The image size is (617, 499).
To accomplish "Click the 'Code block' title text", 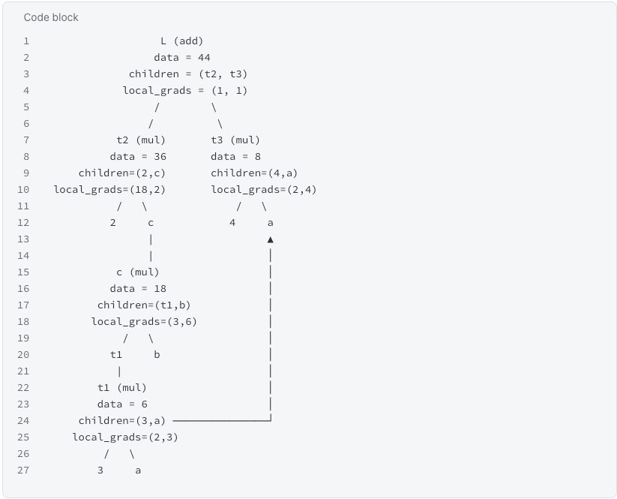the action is pyautogui.click(x=51, y=17).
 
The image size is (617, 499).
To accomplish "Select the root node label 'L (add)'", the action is pyautogui.click(x=181, y=41).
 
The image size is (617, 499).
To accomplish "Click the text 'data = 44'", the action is pyautogui.click(x=181, y=58).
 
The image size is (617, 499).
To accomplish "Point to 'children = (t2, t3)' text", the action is pyautogui.click(x=188, y=74).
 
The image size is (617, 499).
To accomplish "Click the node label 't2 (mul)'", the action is pyautogui.click(x=141, y=140).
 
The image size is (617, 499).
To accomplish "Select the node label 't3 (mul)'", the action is pyautogui.click(x=235, y=140).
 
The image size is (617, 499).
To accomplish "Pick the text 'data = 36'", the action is pyautogui.click(x=138, y=157).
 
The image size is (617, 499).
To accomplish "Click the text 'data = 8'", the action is pyautogui.click(x=235, y=157).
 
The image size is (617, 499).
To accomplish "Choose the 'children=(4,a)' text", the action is pyautogui.click(x=254, y=173).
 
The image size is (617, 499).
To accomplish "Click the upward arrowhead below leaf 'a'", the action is pyautogui.click(x=271, y=239).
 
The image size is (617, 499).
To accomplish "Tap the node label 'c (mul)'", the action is pyautogui.click(x=138, y=272).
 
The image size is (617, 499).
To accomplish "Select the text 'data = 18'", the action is pyautogui.click(x=138, y=289).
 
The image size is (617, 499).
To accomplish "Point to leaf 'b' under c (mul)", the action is pyautogui.click(x=157, y=355).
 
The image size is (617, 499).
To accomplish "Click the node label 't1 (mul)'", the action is pyautogui.click(x=122, y=388).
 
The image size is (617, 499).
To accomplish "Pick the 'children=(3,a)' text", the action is pyautogui.click(x=122, y=421).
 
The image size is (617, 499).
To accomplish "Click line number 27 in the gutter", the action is pyautogui.click(x=23, y=470).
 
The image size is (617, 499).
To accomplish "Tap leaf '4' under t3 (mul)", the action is pyautogui.click(x=232, y=223).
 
